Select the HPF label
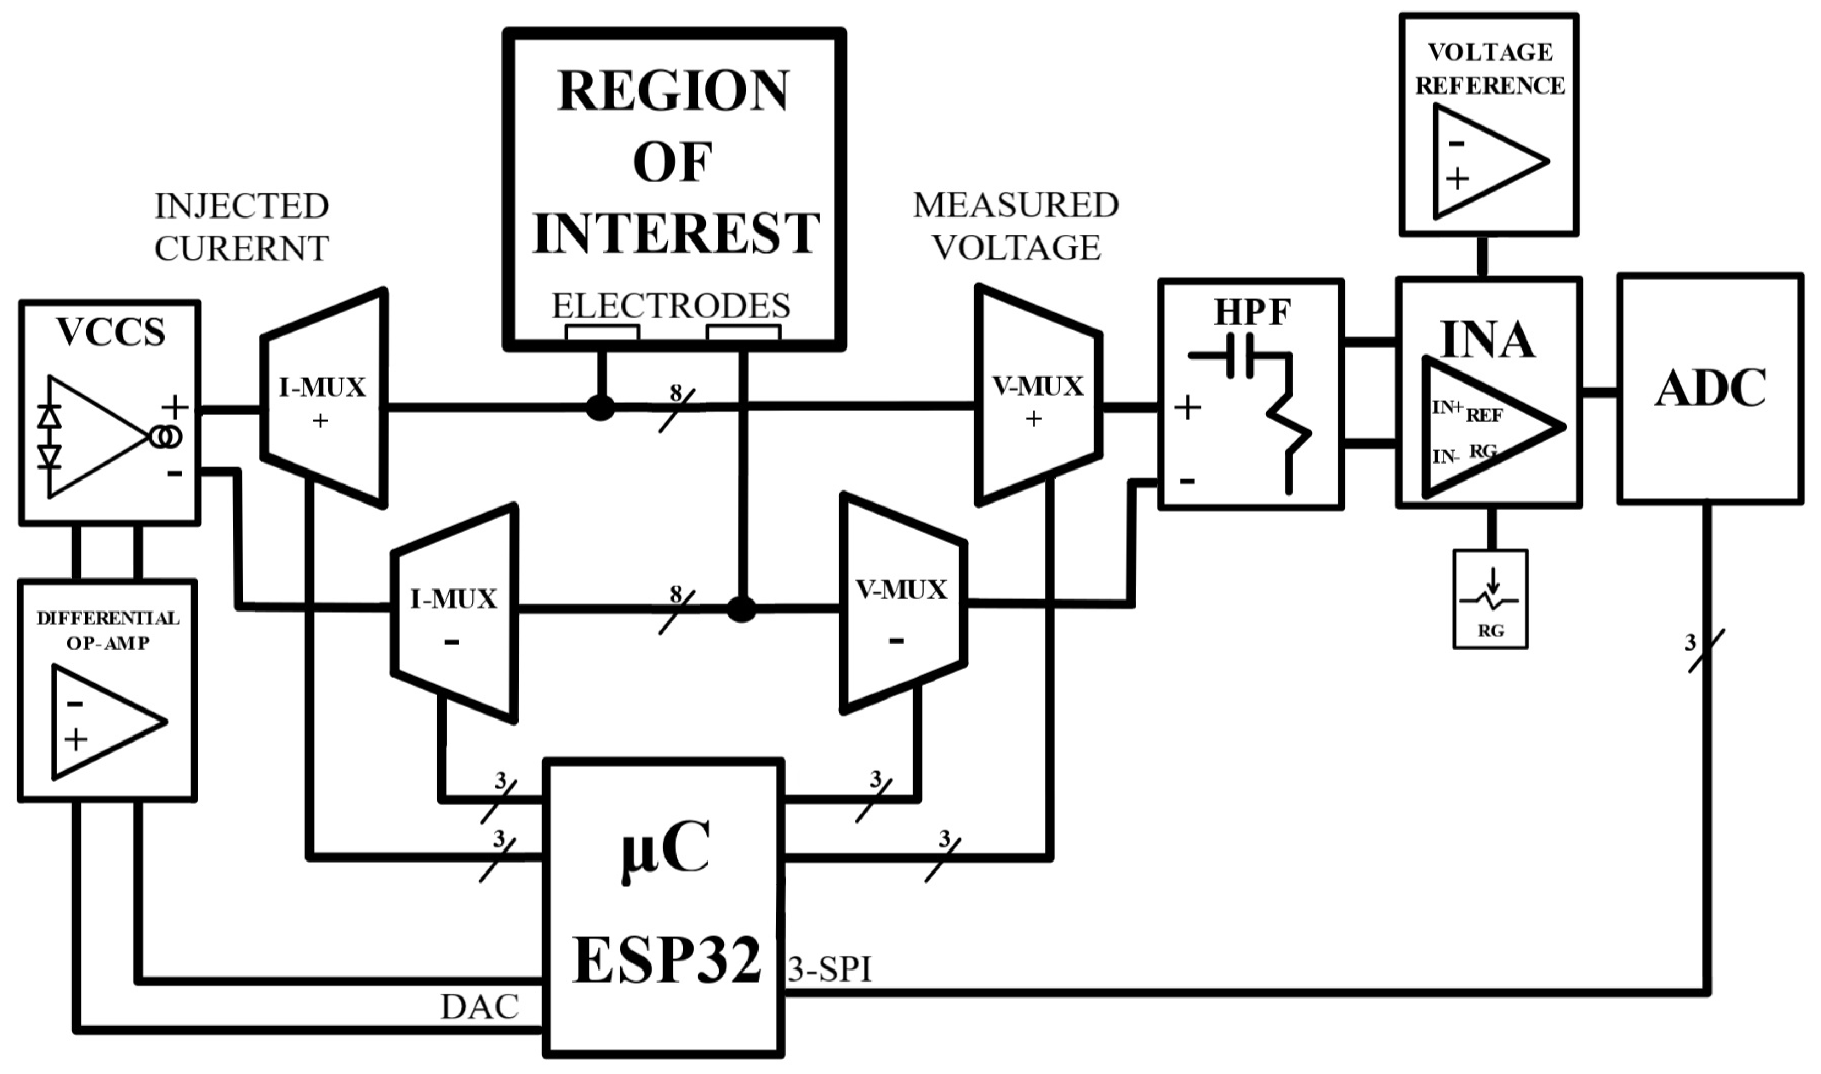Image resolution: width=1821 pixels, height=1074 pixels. (x=1252, y=313)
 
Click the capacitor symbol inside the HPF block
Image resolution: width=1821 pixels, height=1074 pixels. (x=1239, y=356)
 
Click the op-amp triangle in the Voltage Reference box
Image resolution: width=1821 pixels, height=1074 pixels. (x=1483, y=161)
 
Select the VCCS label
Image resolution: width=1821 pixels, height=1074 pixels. (x=111, y=333)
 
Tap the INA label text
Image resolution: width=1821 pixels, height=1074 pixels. (x=1487, y=340)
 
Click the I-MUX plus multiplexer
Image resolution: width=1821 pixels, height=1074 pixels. (x=323, y=398)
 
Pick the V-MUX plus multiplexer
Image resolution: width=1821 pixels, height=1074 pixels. (x=1038, y=395)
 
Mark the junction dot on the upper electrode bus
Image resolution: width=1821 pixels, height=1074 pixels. (x=600, y=408)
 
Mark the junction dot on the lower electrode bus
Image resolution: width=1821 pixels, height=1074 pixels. (x=741, y=609)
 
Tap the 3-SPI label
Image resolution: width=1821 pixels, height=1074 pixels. (x=829, y=970)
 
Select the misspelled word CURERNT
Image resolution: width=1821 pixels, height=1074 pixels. (x=242, y=249)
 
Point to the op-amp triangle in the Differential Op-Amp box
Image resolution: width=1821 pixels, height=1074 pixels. (x=101, y=722)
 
